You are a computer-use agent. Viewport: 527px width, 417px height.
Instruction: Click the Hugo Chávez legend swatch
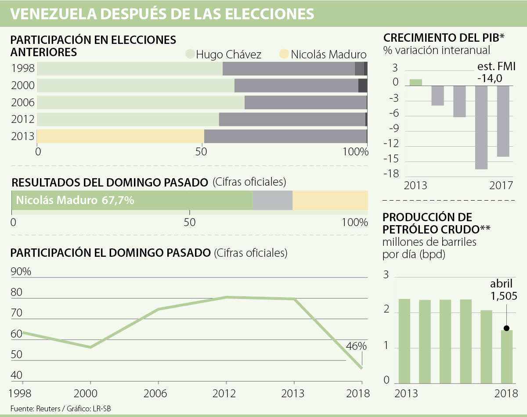(190, 54)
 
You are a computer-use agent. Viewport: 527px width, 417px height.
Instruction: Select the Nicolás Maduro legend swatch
(284, 54)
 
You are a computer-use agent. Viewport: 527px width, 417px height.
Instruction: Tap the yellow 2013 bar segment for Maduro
(120, 137)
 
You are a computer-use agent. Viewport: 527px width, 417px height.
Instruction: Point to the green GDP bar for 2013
(416, 82)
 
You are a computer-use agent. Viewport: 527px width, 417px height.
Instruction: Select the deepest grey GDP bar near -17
(481, 127)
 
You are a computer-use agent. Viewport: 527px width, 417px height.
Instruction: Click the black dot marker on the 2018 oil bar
(506, 328)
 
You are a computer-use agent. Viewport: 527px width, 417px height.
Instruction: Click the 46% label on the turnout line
(356, 346)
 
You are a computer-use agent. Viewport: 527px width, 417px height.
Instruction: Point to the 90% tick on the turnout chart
(21, 272)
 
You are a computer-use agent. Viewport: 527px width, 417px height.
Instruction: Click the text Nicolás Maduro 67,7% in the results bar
(75, 201)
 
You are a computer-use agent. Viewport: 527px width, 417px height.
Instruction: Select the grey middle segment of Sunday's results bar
(273, 201)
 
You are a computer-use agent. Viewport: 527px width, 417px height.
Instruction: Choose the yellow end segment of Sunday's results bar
(330, 201)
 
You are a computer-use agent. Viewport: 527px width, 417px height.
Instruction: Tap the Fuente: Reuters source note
(37, 408)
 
